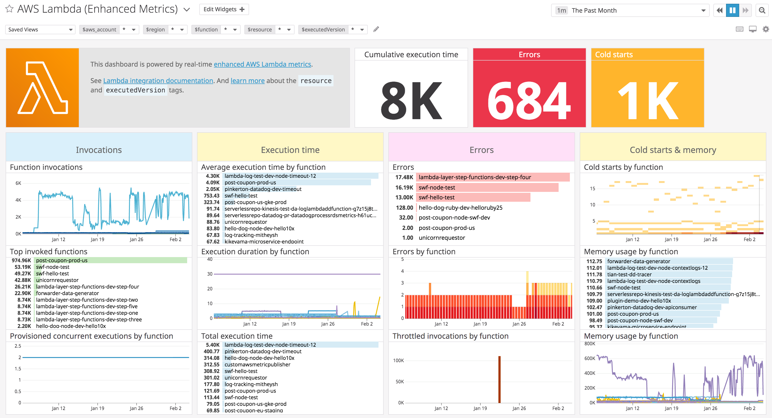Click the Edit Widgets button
[224, 9]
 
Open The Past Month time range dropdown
[630, 11]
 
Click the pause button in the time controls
[732, 11]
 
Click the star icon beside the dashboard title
[9, 9]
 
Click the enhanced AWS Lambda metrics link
[262, 64]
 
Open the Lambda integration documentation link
[158, 81]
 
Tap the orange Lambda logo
[42, 87]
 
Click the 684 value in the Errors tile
[529, 100]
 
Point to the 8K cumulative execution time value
[411, 100]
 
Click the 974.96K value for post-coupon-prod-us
[21, 260]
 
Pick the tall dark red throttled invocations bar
[499, 379]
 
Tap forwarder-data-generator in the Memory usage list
[638, 261]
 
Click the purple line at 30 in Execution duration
[297, 274]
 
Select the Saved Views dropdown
[40, 29]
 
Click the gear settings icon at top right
[765, 29]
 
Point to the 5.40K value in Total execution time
[212, 345]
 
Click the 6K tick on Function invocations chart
[18, 183]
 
